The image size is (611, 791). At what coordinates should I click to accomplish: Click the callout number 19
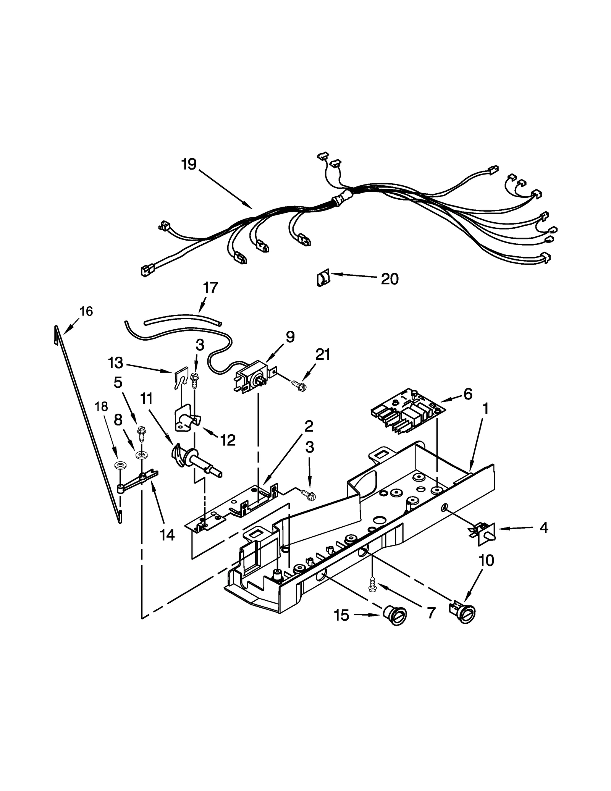(189, 164)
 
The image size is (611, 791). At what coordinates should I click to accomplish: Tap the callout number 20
(390, 279)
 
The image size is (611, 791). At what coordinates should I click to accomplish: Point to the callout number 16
(86, 311)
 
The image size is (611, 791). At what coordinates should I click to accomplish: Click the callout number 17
(210, 288)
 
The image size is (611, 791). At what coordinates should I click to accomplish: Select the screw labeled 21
(299, 386)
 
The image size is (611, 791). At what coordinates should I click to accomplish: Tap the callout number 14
(167, 535)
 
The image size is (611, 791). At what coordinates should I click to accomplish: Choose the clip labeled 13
(180, 377)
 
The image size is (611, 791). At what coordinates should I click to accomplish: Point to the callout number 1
(485, 409)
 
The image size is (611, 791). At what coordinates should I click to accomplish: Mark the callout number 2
(309, 426)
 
